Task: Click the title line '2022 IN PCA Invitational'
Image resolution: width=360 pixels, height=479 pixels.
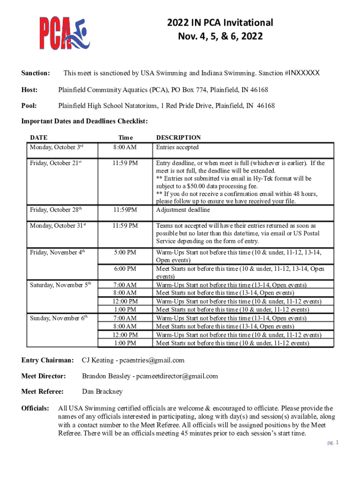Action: [x=220, y=22]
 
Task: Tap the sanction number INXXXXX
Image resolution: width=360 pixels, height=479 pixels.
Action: [x=304, y=73]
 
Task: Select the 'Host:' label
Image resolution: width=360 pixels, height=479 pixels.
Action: [x=30, y=89]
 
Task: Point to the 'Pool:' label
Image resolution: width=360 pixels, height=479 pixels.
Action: [x=29, y=106]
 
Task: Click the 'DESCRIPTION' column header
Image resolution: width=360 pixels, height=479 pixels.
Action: [x=178, y=138]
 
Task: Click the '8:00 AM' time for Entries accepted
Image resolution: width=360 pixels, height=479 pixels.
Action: [x=125, y=147]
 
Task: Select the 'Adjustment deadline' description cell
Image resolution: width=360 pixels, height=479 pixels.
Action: [x=183, y=210]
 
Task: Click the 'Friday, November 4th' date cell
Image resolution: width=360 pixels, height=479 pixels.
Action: [x=57, y=253]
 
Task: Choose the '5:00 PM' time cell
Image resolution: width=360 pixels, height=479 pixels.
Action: [x=125, y=253]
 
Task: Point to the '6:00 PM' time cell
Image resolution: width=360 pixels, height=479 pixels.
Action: [x=125, y=269]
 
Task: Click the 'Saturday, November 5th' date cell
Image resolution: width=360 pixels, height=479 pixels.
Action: [x=61, y=285]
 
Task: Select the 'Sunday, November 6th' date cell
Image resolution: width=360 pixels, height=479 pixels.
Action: [x=59, y=318]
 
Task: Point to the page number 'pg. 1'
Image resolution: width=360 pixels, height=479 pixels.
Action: [x=332, y=443]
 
